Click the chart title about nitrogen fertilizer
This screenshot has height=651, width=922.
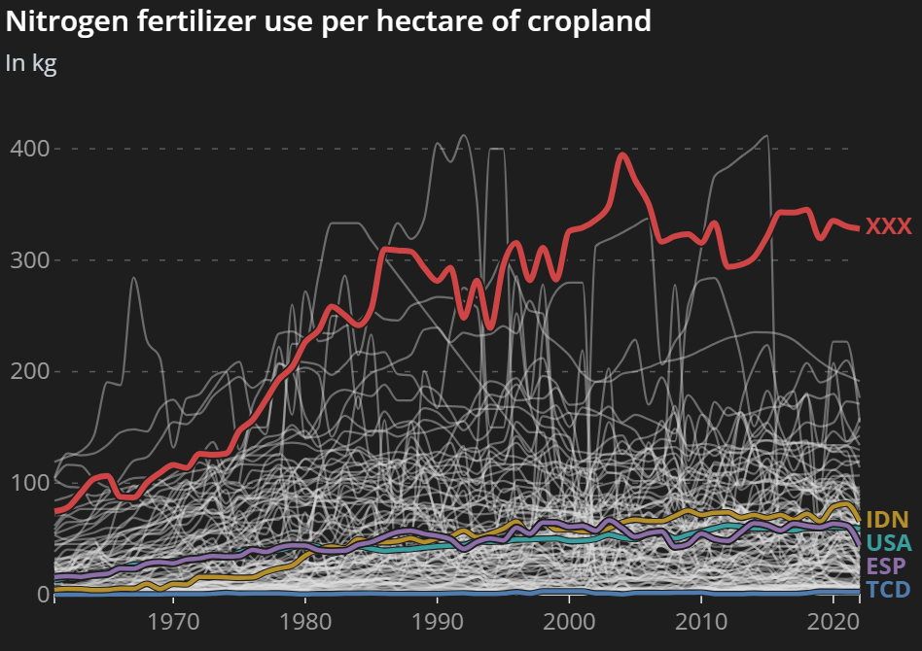(329, 21)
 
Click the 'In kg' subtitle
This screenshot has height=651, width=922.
(31, 63)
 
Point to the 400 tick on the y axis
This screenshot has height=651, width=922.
(28, 149)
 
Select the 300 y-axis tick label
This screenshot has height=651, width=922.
(28, 260)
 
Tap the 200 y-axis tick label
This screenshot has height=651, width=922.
(28, 371)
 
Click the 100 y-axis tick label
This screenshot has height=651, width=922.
(28, 483)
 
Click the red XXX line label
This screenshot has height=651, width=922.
(889, 226)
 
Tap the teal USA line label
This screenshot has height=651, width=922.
(888, 543)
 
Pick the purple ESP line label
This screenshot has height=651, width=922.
(887, 566)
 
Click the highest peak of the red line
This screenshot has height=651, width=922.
(623, 154)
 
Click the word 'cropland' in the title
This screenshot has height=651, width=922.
(593, 21)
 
